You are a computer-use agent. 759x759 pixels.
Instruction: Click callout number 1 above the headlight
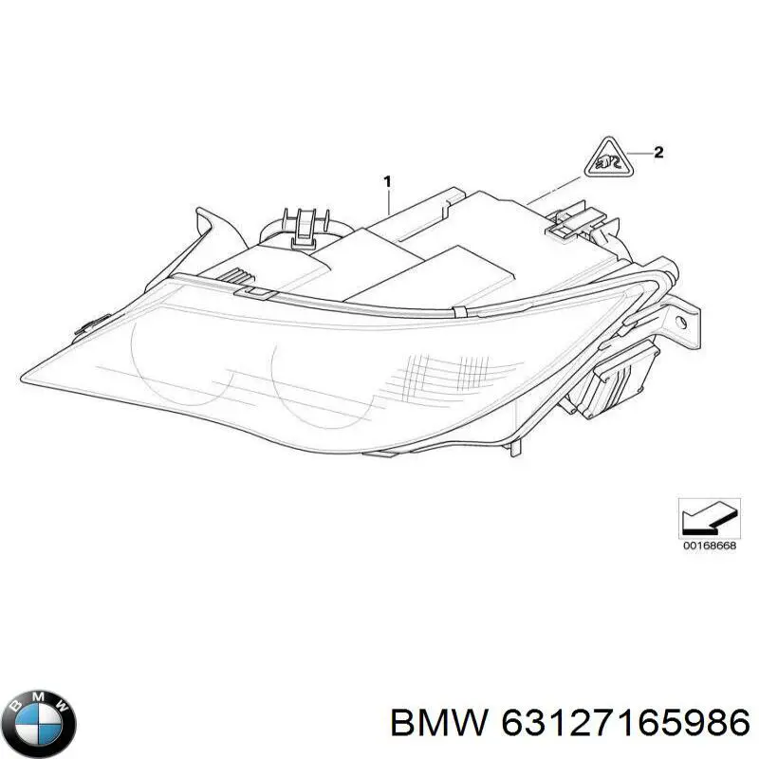click(387, 181)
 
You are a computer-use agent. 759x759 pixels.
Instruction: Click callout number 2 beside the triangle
click(658, 153)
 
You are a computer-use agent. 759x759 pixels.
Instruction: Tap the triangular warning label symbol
click(609, 158)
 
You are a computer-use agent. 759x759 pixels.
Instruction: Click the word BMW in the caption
click(439, 724)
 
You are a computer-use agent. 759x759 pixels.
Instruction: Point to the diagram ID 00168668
click(709, 546)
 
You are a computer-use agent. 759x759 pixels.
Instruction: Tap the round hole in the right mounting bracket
click(681, 323)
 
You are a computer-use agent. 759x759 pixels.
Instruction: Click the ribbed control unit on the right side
click(611, 379)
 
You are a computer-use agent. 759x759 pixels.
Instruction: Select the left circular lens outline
click(182, 362)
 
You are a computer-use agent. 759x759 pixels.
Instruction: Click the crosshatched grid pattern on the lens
click(448, 373)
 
